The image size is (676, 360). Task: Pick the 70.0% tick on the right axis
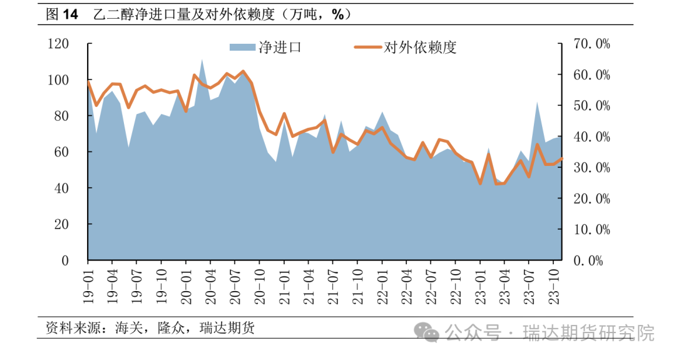pyautogui.click(x=591, y=44)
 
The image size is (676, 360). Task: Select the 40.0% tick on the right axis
pyautogui.click(x=591, y=136)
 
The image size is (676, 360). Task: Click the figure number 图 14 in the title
pyautogui.click(x=62, y=14)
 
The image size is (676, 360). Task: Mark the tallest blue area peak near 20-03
pyautogui.click(x=202, y=61)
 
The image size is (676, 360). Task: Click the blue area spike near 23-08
pyautogui.click(x=537, y=103)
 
